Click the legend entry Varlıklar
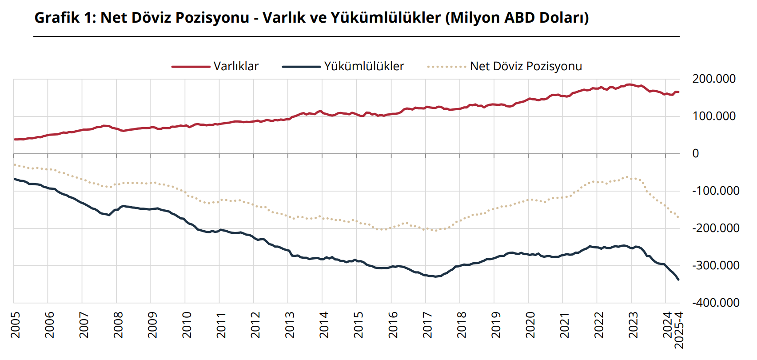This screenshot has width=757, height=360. [x=236, y=66]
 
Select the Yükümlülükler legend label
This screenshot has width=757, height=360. [x=364, y=66]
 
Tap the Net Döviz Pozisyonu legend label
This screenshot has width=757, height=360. [x=526, y=66]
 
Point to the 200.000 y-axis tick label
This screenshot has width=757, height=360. [x=714, y=79]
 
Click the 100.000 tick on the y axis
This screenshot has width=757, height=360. [x=714, y=116]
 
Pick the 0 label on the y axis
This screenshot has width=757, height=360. [x=696, y=153]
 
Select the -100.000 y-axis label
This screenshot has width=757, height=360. [x=716, y=191]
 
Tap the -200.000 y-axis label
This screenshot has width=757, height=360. [x=716, y=228]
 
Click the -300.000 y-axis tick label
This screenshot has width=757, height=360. [x=716, y=265]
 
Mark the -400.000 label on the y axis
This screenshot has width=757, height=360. [x=716, y=303]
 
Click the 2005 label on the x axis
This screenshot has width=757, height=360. [x=15, y=324]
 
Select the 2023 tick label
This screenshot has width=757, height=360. [x=633, y=324]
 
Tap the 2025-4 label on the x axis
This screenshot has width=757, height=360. [x=679, y=330]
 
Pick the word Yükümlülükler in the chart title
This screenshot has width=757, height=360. [x=386, y=18]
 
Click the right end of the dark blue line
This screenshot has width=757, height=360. [x=678, y=280]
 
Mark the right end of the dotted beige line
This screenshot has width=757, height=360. [x=678, y=217]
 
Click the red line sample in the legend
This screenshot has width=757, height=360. [x=191, y=67]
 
